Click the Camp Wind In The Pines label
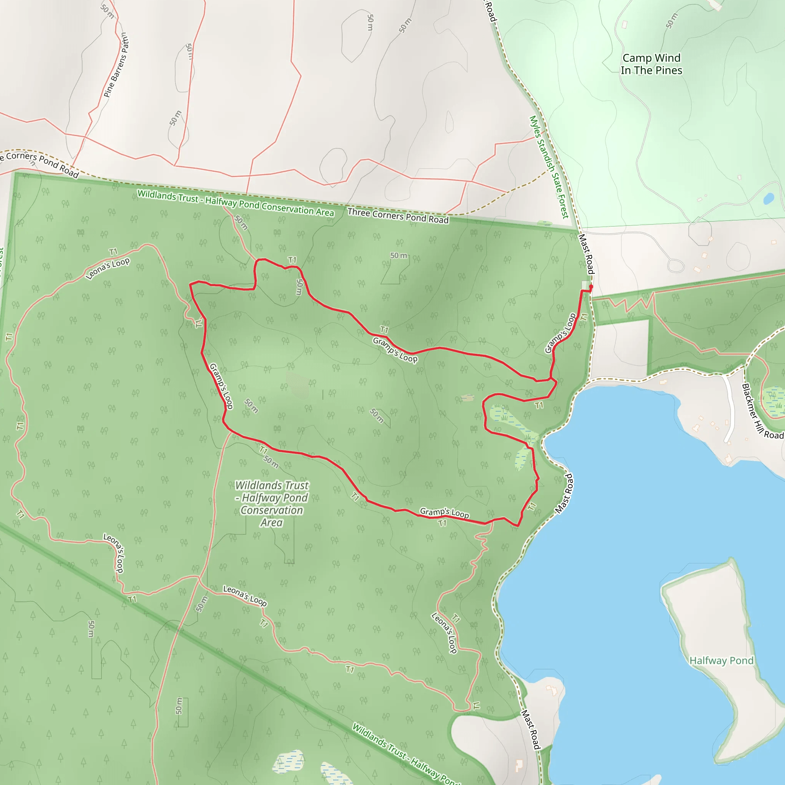651,64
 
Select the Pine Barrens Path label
116,65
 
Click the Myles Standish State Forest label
549,167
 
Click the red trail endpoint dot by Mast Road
591,286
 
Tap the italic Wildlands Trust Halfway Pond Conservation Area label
272,504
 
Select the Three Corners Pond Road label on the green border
398,216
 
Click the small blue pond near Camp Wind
769,199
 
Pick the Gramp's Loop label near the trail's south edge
444,513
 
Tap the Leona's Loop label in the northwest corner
108,269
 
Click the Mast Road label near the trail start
586,254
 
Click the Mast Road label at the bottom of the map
531,729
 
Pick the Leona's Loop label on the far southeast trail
444,633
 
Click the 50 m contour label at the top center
370,23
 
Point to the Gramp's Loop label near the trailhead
560,333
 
